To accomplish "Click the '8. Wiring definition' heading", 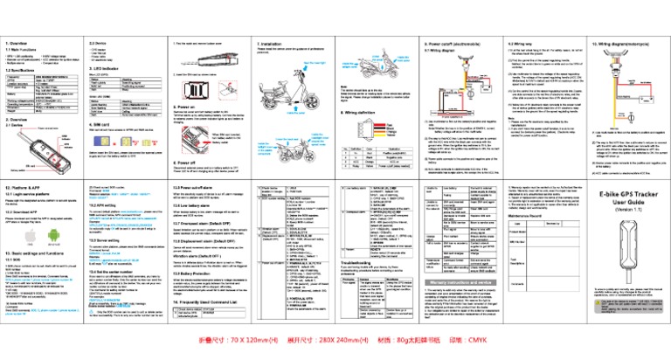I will pyautogui.click(x=272, y=113).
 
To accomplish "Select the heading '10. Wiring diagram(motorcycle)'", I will pyautogui.click(x=621, y=42).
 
